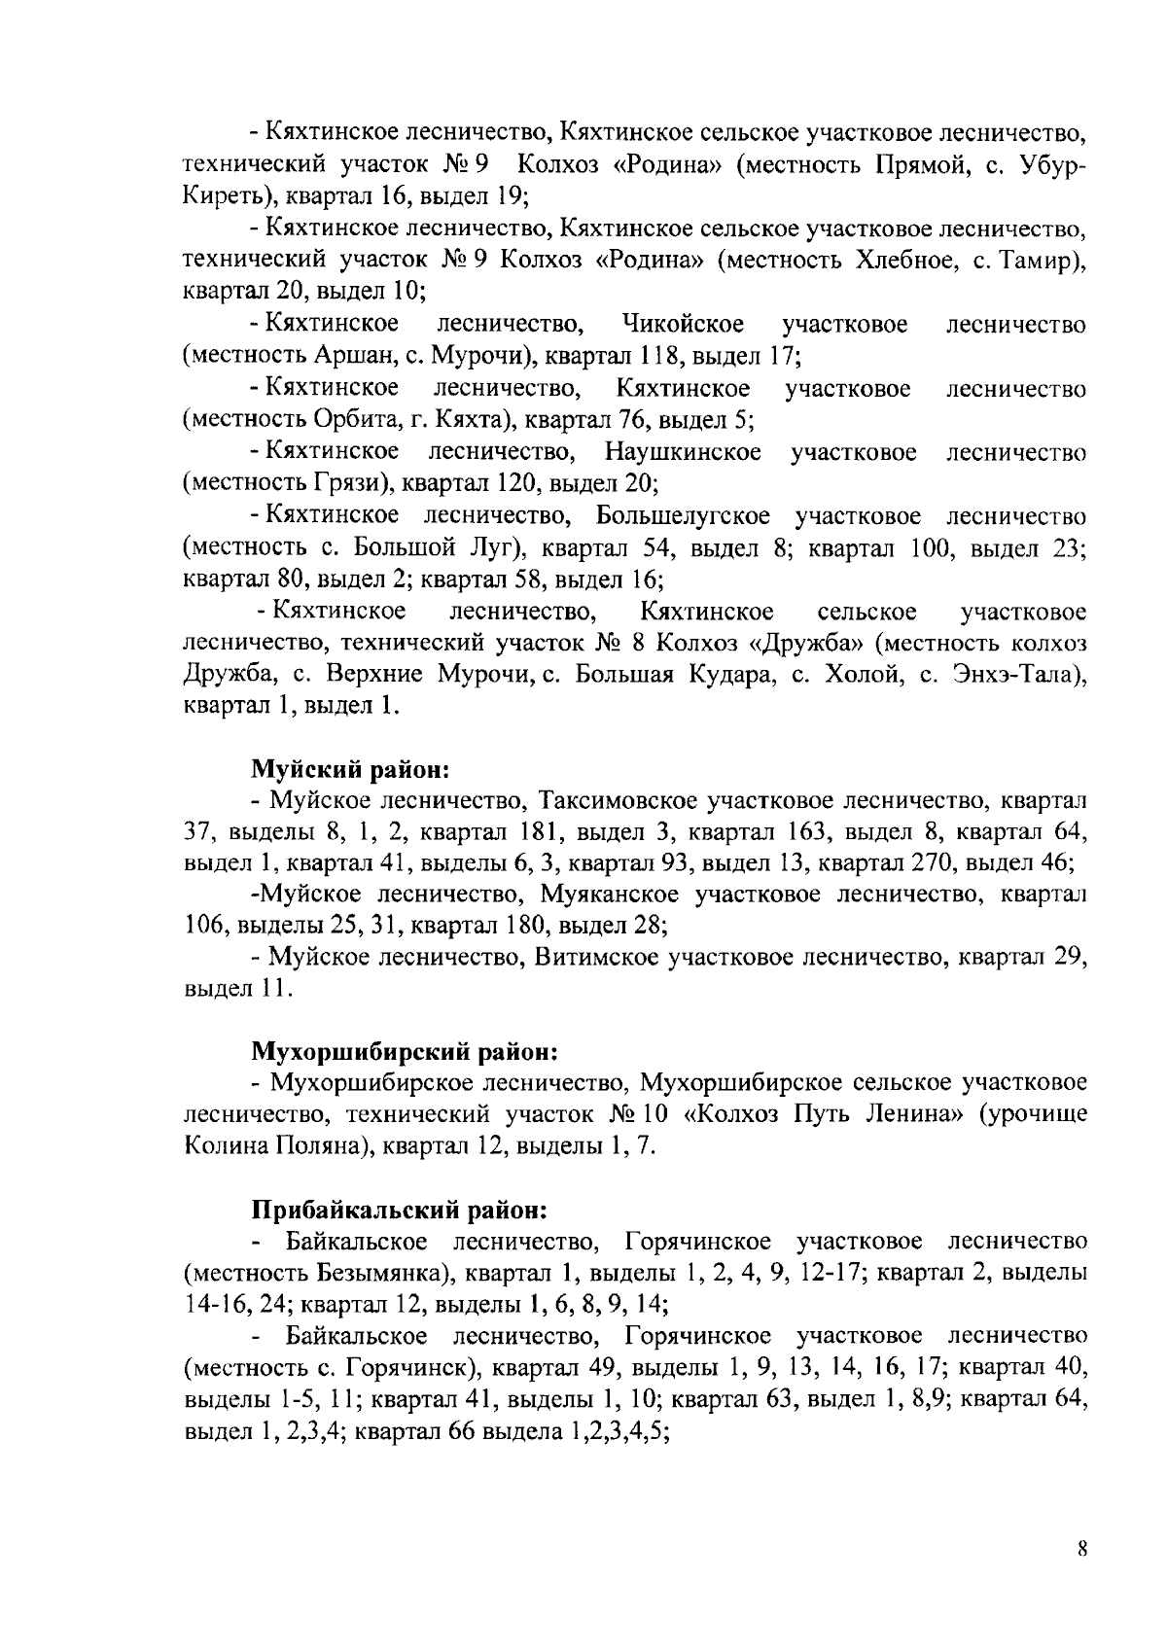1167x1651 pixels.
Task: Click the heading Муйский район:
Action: click(x=349, y=770)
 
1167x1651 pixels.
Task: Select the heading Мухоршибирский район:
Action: click(x=405, y=1051)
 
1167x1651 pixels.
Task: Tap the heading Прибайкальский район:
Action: click(x=400, y=1211)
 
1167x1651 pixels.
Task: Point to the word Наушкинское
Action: click(x=683, y=452)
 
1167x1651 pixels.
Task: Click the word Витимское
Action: click(x=597, y=958)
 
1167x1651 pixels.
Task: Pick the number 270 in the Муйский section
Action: click(x=983, y=862)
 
